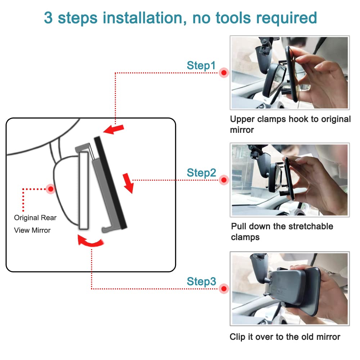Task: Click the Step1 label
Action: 201,66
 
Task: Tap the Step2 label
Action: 201,173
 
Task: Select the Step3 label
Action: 201,282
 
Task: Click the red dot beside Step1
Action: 224,73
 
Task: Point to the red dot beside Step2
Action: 224,180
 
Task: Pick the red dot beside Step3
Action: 224,289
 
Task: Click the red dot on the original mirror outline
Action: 51,189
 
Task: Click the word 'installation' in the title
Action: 144,18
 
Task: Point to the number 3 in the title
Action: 48,18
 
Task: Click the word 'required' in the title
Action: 287,18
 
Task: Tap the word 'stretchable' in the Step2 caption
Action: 311,226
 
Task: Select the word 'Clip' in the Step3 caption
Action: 237,337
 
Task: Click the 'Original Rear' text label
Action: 35,218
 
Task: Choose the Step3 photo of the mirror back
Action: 290,289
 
